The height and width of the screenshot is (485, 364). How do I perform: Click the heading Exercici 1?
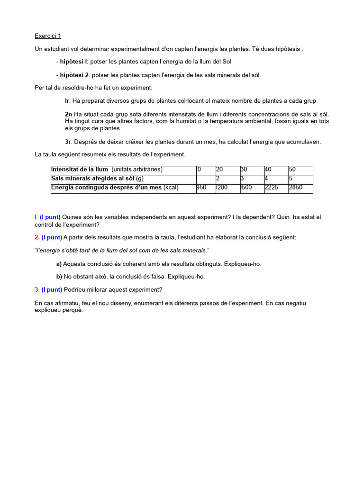[x=48, y=36]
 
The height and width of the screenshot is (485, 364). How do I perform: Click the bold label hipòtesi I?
[x=73, y=62]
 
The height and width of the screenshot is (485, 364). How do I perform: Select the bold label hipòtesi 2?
[x=74, y=75]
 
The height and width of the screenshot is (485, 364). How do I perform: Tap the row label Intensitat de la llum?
[x=80, y=170]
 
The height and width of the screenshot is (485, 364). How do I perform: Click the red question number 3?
[x=37, y=289]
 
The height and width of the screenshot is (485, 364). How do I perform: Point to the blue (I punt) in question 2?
[x=51, y=237]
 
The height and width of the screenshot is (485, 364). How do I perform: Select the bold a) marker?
[x=59, y=264]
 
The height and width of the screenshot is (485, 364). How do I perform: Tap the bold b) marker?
[x=59, y=277]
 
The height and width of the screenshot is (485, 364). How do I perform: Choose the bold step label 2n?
[x=69, y=114]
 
